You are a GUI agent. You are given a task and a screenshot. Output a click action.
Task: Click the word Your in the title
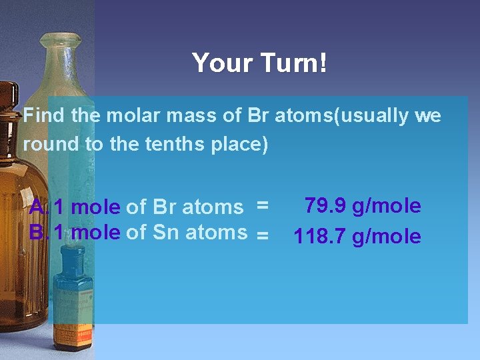[218, 63]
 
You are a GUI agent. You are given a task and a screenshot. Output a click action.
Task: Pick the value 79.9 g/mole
[363, 206]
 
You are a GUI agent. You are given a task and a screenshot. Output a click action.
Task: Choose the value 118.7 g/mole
[357, 236]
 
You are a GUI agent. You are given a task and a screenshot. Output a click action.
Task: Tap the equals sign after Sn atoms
[263, 235]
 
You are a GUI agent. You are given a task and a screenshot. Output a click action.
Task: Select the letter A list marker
[37, 207]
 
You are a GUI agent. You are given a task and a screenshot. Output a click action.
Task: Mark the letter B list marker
[37, 232]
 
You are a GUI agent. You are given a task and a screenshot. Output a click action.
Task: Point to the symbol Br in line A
[165, 207]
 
